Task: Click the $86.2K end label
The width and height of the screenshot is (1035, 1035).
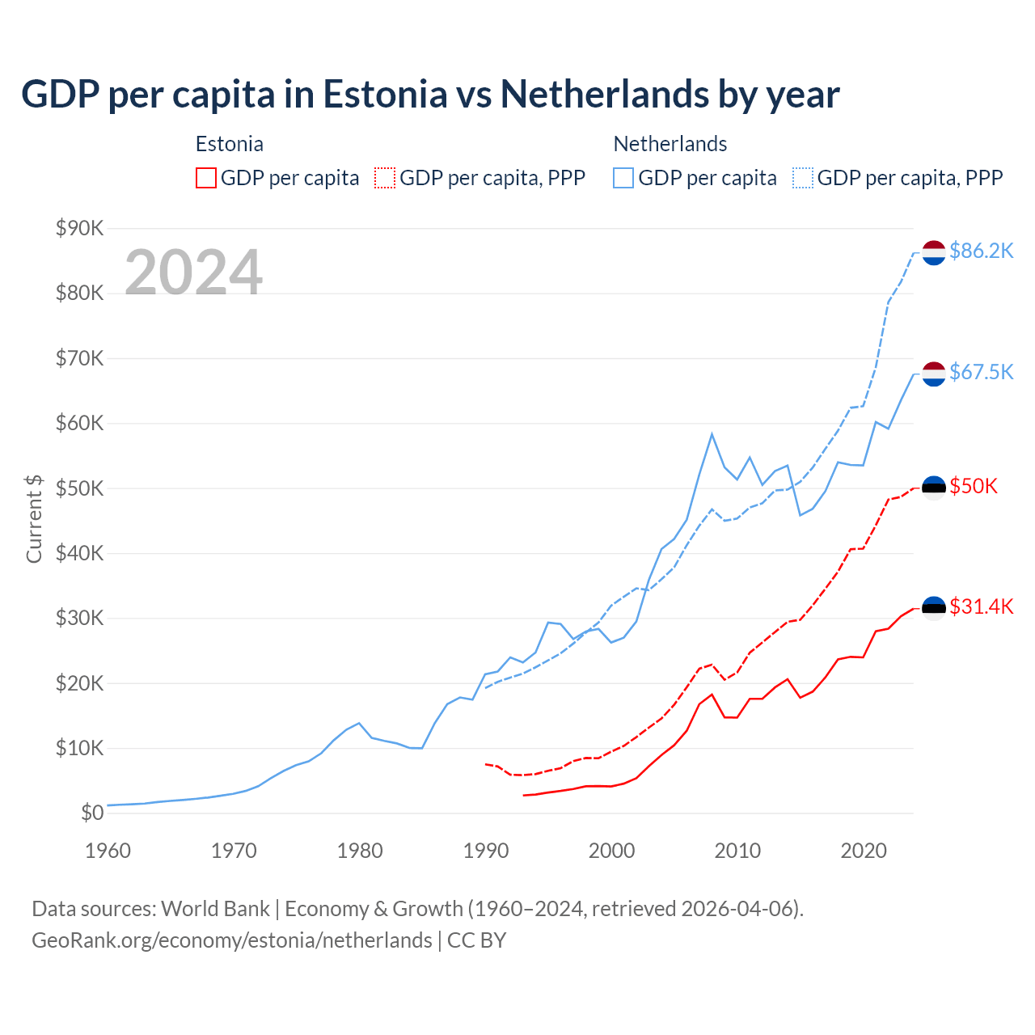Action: coord(981,251)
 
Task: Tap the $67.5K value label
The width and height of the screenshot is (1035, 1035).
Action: coord(981,372)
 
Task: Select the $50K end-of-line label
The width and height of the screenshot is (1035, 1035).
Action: coord(974,486)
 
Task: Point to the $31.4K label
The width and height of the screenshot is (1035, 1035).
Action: coord(981,606)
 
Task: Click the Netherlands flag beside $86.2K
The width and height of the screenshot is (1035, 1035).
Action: coord(934,252)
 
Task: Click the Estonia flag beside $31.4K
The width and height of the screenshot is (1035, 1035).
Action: coord(934,607)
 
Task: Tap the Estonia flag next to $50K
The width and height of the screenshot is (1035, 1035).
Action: coord(934,487)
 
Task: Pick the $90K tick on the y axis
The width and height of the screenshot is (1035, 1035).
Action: coord(80,228)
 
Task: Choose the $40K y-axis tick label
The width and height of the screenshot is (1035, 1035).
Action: coord(80,553)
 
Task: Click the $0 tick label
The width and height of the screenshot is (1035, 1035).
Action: coord(92,813)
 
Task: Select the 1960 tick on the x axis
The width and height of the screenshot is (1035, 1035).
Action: coord(108,851)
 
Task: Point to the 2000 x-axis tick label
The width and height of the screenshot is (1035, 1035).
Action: coord(611,851)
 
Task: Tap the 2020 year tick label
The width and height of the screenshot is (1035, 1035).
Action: coord(864,851)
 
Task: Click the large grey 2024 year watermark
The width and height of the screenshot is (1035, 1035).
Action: coord(193,272)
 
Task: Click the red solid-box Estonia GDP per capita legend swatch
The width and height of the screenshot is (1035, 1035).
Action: coord(206,178)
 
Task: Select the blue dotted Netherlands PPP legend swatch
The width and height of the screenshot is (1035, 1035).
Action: coord(803,178)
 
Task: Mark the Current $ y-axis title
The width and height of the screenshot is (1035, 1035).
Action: coord(34,518)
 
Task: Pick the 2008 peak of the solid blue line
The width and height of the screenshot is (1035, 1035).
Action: coord(712,434)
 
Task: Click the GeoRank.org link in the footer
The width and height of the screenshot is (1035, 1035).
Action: coord(232,940)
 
